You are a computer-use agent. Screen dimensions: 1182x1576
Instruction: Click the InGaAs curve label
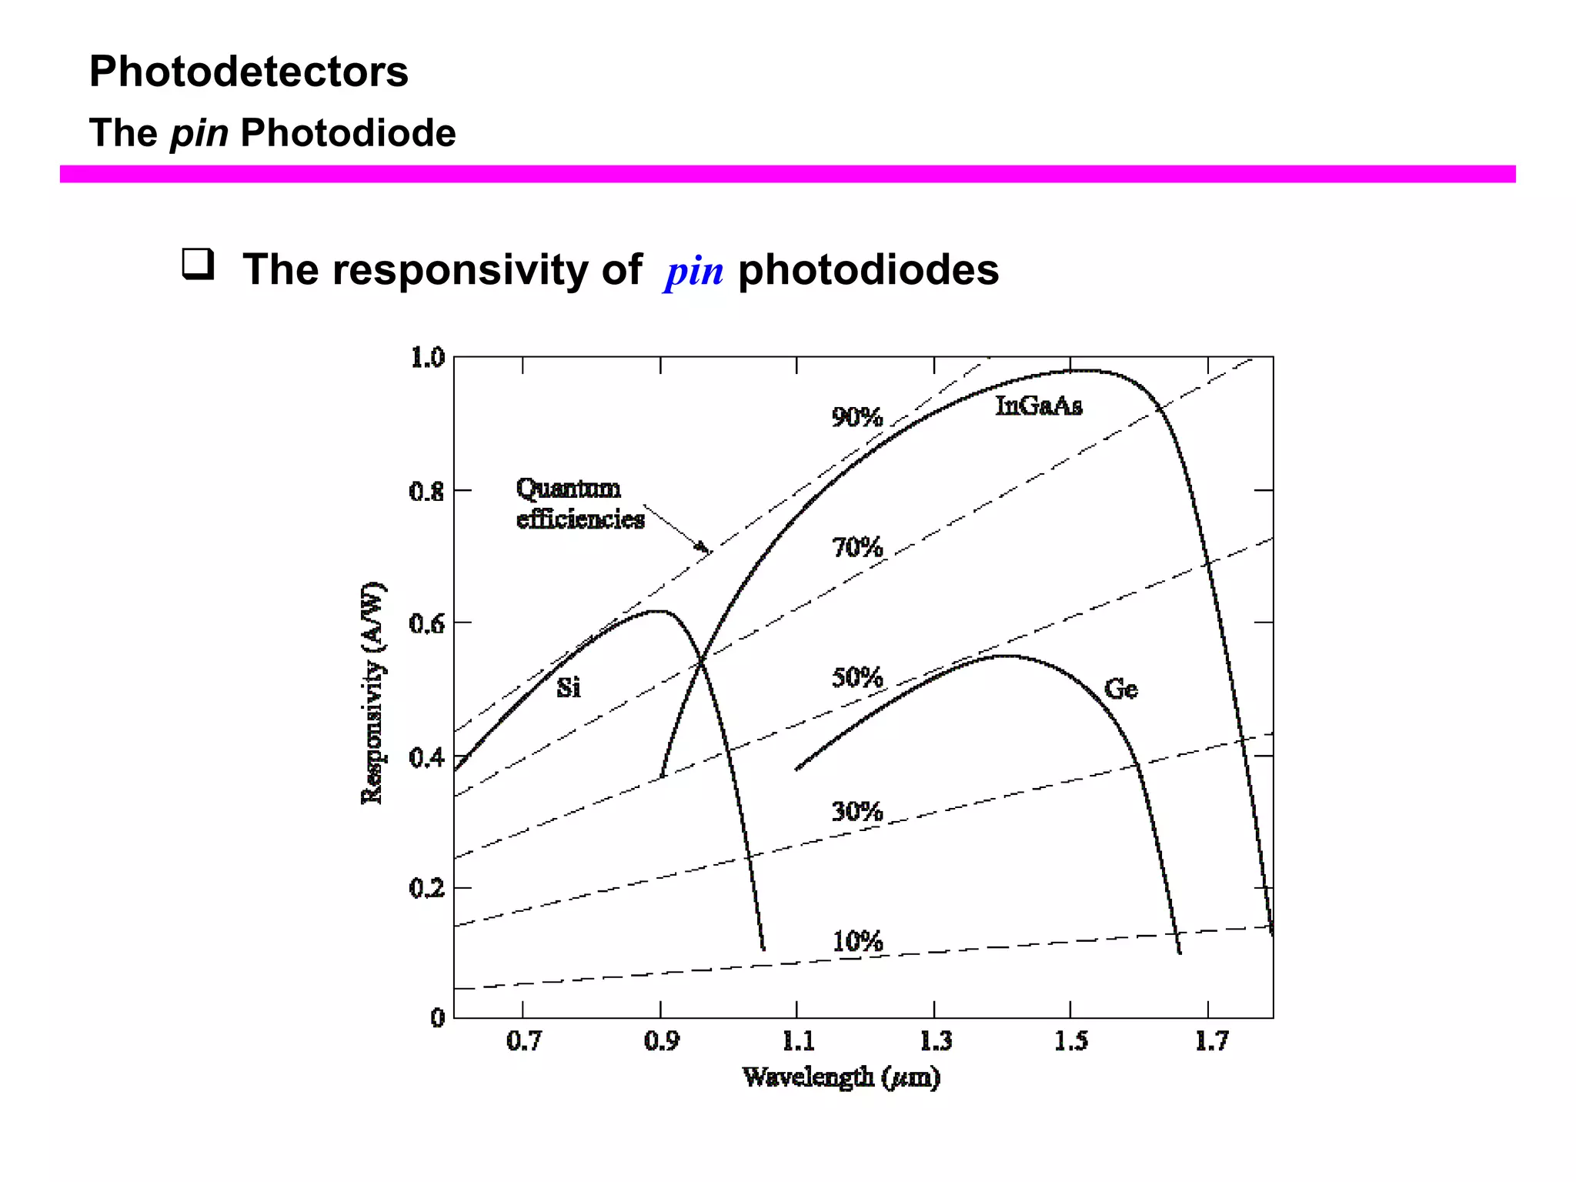[1038, 406]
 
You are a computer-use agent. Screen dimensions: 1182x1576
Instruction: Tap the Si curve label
[568, 687]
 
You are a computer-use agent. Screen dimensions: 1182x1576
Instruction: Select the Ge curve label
[1120, 689]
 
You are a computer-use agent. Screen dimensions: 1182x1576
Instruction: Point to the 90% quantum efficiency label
[856, 417]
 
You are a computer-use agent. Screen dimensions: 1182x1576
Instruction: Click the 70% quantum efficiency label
[856, 548]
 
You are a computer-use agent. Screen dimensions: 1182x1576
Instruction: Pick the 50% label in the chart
[856, 678]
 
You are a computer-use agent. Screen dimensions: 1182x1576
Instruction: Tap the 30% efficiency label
[856, 811]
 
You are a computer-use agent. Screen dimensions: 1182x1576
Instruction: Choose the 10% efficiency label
[857, 941]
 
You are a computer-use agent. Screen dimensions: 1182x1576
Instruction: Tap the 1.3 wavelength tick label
[936, 1041]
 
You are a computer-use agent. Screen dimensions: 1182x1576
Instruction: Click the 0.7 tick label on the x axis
[523, 1041]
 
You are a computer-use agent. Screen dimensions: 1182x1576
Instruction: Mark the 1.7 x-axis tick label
[1210, 1041]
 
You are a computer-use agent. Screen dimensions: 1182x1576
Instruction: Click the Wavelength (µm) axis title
[841, 1077]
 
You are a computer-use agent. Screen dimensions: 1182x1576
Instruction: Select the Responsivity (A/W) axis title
[372, 693]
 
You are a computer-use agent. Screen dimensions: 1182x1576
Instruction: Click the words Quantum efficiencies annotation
[579, 503]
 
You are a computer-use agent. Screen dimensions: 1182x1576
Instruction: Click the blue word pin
[694, 272]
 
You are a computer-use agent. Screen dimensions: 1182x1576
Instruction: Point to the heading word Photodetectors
[249, 72]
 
